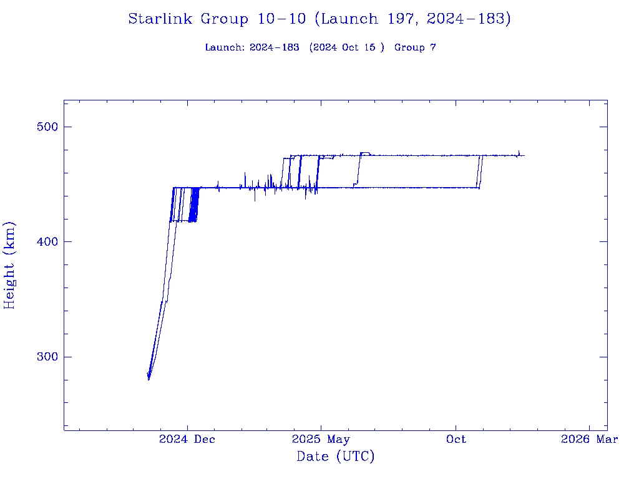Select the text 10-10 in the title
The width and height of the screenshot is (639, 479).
tap(281, 19)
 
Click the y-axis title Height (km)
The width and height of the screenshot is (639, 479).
tap(9, 264)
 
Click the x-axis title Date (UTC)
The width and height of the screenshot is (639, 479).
tap(336, 457)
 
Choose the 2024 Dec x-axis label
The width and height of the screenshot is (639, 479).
tap(187, 439)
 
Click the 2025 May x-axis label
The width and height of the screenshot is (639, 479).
tap(321, 439)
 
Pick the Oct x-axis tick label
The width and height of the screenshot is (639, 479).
tap(456, 439)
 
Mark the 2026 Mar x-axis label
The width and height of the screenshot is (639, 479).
tap(589, 439)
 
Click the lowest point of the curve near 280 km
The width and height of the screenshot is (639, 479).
tap(149, 379)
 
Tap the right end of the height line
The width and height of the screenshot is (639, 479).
tap(524, 155)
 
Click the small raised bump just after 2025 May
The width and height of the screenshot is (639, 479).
tap(365, 153)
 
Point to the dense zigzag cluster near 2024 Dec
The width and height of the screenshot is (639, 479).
tap(193, 205)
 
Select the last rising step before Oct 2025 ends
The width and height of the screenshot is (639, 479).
tap(480, 172)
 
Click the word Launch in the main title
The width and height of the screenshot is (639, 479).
tap(346, 19)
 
